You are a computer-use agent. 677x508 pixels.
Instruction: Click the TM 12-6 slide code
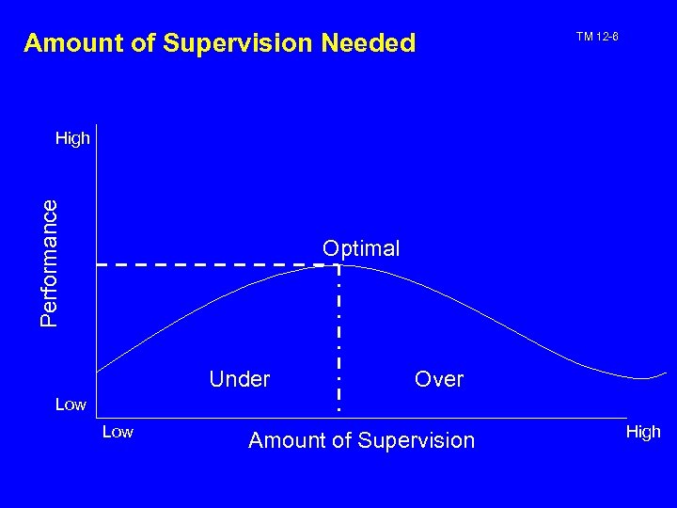coord(596,37)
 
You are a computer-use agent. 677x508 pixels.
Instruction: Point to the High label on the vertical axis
coord(72,139)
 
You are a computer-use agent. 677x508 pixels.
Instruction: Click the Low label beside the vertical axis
coord(71,405)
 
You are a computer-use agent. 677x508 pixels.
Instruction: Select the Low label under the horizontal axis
coord(118,432)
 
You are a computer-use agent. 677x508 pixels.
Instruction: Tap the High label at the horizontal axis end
coord(643,432)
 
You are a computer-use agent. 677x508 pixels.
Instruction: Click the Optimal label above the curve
coord(361,248)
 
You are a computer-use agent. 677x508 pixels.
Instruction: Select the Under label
coord(240,379)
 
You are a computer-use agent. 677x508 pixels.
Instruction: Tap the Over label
coord(439,379)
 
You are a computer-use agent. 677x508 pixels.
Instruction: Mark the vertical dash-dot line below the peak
coord(338,339)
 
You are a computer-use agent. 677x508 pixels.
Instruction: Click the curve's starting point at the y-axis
coord(98,371)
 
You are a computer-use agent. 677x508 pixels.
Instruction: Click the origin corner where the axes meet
coord(96,414)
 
